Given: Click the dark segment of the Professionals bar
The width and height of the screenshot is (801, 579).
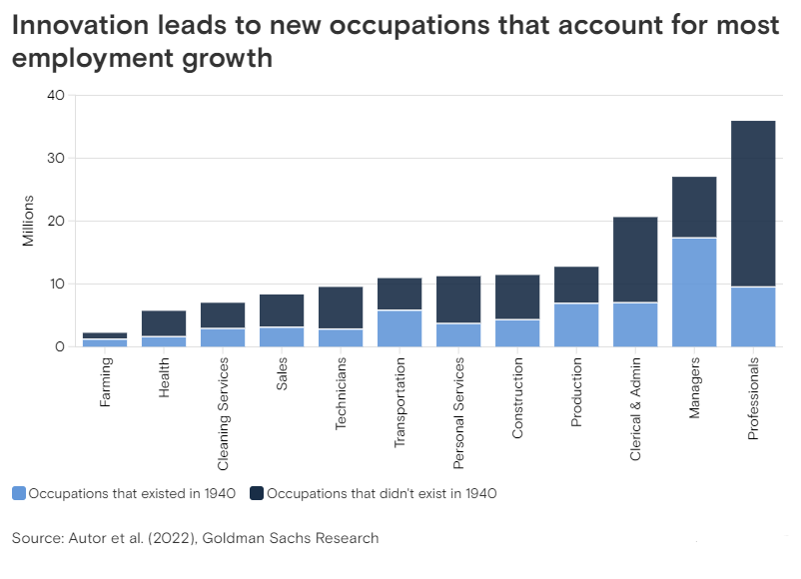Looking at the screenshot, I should pos(752,204).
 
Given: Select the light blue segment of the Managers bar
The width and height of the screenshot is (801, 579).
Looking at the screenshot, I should pos(693,291).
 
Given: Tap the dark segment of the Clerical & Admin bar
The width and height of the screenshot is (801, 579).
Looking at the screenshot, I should pos(634,260).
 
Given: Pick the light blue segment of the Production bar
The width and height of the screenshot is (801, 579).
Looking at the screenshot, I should pos(575,324).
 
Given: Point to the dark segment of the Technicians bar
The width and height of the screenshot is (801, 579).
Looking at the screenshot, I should pos(340,307).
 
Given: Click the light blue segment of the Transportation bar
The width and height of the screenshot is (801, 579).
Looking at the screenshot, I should pos(399,328).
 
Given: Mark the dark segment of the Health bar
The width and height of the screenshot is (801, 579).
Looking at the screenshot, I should pos(163,323).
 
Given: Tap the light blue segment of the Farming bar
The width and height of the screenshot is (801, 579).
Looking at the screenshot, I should pos(104,342).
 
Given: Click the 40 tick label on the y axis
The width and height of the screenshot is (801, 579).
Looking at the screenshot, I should pos(55,96).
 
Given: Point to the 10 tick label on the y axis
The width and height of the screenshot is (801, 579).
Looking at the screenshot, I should pos(56,285).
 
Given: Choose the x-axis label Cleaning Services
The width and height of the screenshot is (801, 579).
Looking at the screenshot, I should pos(223,413).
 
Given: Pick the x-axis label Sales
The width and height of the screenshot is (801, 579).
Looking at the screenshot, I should pos(282,372).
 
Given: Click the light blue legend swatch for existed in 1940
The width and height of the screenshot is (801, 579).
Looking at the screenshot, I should pos(19,493).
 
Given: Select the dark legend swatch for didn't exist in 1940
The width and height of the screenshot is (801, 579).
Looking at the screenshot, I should pos(257,493).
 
